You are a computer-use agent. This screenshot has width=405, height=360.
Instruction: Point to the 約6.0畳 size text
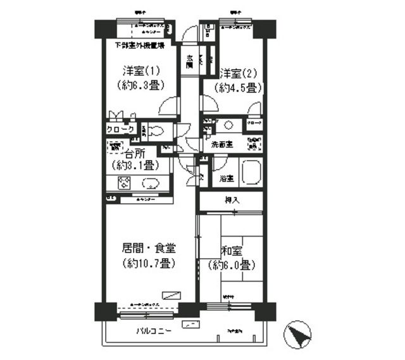[232, 264]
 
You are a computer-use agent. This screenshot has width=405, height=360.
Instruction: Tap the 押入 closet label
[232, 200]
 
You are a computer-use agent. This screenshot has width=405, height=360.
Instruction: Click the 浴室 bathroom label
[226, 178]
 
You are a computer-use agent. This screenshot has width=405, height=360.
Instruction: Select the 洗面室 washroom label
[221, 144]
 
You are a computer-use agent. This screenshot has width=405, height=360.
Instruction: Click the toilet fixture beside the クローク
[158, 132]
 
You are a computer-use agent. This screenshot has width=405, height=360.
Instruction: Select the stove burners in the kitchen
[124, 183]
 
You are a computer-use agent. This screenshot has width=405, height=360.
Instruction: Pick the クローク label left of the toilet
[120, 129]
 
